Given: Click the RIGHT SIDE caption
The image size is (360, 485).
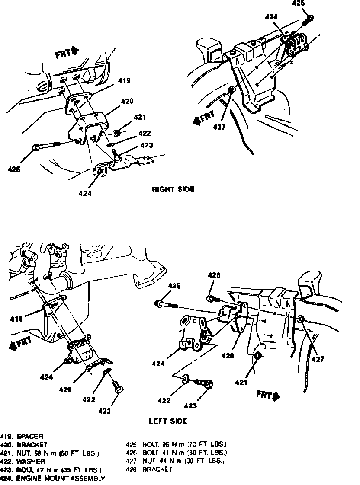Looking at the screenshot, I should [x=173, y=189].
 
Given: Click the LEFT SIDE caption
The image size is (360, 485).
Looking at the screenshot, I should [x=168, y=421].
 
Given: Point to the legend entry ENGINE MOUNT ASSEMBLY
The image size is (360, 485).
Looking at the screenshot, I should [x=61, y=479].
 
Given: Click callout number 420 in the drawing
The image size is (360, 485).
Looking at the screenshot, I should [x=127, y=101].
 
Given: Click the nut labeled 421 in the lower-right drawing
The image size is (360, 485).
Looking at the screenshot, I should [x=257, y=356].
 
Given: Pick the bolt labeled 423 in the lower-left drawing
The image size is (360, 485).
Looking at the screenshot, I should [x=117, y=387].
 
